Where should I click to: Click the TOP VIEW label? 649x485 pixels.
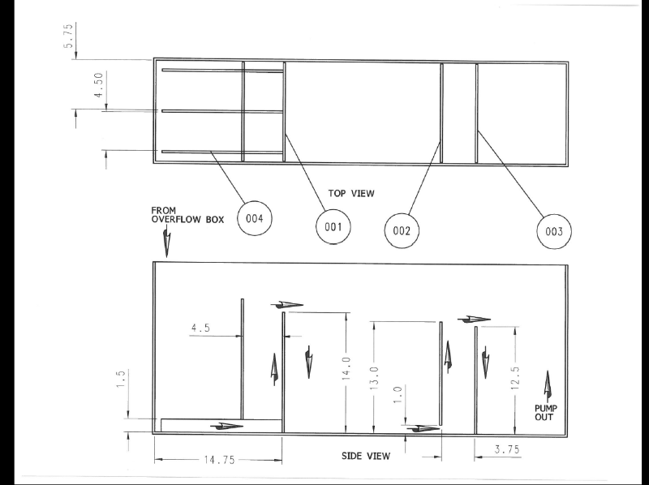pyautogui.click(x=351, y=193)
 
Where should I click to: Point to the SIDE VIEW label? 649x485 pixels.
pyautogui.click(x=366, y=456)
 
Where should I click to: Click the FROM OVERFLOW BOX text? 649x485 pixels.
pyautogui.click(x=187, y=215)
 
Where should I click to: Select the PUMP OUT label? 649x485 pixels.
pyautogui.click(x=546, y=413)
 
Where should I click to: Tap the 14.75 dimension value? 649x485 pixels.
pyautogui.click(x=219, y=460)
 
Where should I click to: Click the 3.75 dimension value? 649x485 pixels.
pyautogui.click(x=508, y=449)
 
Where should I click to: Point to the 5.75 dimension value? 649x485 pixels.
pyautogui.click(x=69, y=36)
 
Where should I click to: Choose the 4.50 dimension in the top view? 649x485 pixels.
pyautogui.click(x=98, y=85)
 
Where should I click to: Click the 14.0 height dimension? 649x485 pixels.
pyautogui.click(x=347, y=368)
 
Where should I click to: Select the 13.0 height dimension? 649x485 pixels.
pyautogui.click(x=374, y=378)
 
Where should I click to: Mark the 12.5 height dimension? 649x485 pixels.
pyautogui.click(x=515, y=378)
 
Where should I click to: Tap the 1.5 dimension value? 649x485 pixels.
pyautogui.click(x=120, y=379)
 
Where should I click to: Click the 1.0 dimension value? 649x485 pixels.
pyautogui.click(x=398, y=395)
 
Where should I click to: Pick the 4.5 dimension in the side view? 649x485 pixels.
pyautogui.click(x=200, y=328)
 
